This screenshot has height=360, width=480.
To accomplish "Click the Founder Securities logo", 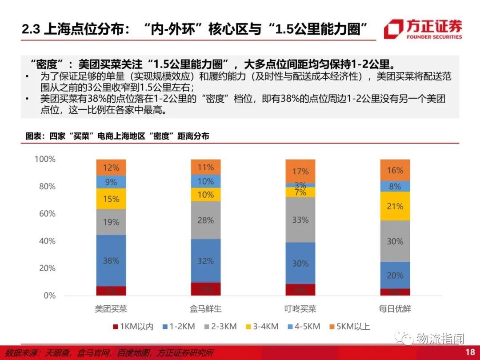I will (x=423, y=29).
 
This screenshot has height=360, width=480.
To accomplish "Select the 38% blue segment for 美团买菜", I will (x=111, y=260).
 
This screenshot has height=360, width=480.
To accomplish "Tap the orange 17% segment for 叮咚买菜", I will (x=300, y=171).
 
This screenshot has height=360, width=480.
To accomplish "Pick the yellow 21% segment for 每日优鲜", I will (x=395, y=206).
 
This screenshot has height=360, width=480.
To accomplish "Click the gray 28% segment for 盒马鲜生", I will (x=206, y=220).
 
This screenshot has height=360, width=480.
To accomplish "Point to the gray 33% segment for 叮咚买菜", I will (x=300, y=220).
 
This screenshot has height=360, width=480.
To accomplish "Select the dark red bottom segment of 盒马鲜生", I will (x=206, y=289).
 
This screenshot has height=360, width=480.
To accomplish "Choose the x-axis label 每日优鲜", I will (x=395, y=308).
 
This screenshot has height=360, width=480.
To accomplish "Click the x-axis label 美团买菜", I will (x=111, y=308).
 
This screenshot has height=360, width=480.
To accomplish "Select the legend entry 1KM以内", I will (x=133, y=327).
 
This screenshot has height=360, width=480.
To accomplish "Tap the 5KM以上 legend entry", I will (x=349, y=327).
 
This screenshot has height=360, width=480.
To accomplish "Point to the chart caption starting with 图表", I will (x=117, y=136).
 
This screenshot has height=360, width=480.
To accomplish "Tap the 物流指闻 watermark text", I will (x=440, y=339).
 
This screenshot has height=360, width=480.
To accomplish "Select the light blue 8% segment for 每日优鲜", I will (x=395, y=186).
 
